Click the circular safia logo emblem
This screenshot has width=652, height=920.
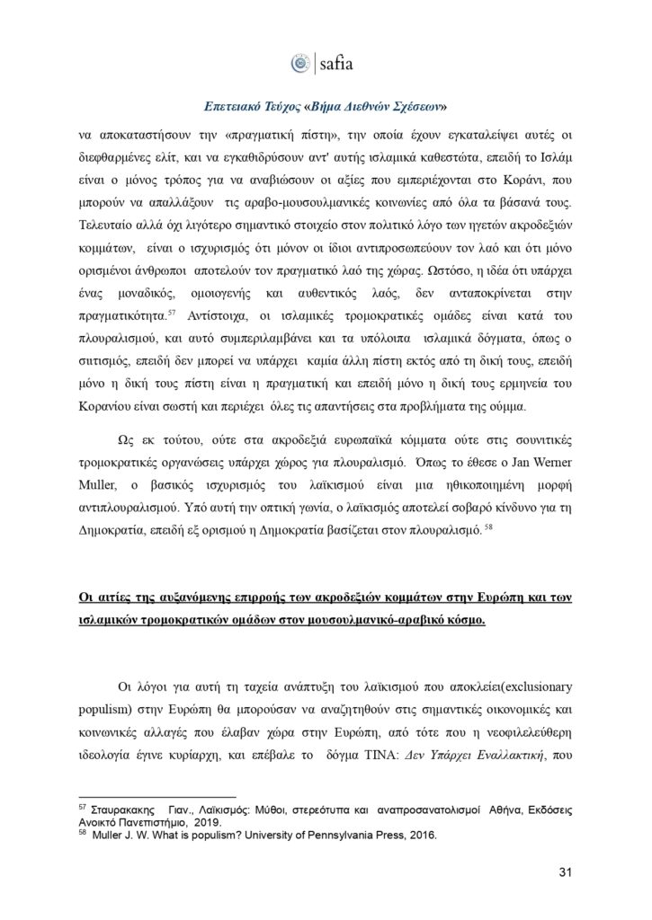point(300,63)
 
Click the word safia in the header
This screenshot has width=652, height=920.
point(340,64)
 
